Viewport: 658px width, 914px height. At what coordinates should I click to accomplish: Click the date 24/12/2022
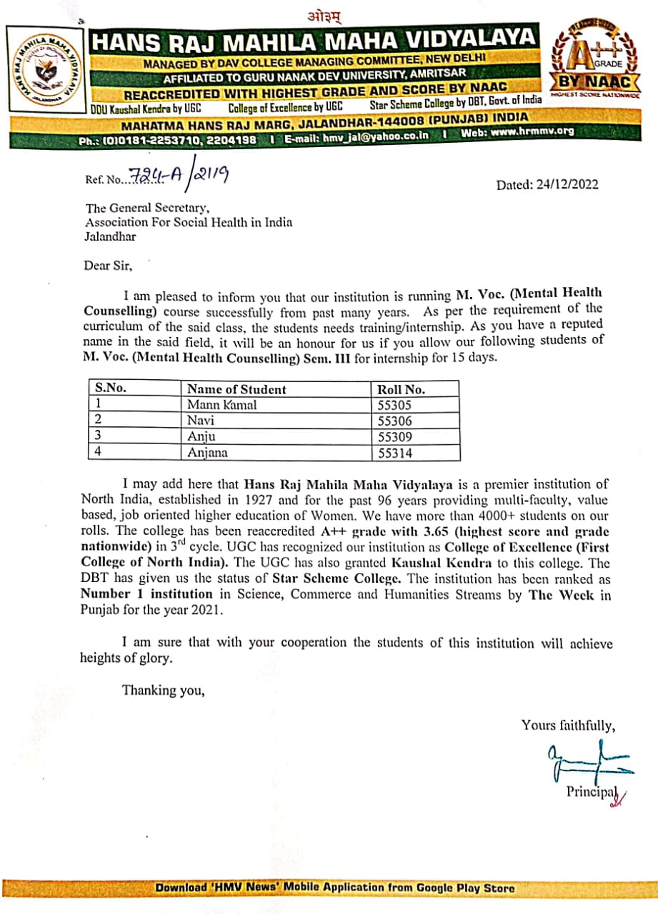click(569, 185)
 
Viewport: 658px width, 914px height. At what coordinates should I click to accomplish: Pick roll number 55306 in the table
click(395, 421)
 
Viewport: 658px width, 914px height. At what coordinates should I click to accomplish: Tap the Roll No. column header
click(401, 389)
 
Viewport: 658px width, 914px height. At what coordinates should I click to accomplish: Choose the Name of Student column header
click(236, 389)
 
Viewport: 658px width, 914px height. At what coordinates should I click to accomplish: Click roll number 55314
click(395, 452)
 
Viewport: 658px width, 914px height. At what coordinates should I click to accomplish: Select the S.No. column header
click(110, 388)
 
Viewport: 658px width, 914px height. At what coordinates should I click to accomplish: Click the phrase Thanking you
click(164, 690)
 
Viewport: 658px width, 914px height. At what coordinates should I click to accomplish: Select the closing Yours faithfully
click(568, 725)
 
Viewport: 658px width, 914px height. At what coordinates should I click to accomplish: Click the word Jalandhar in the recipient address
click(110, 236)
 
